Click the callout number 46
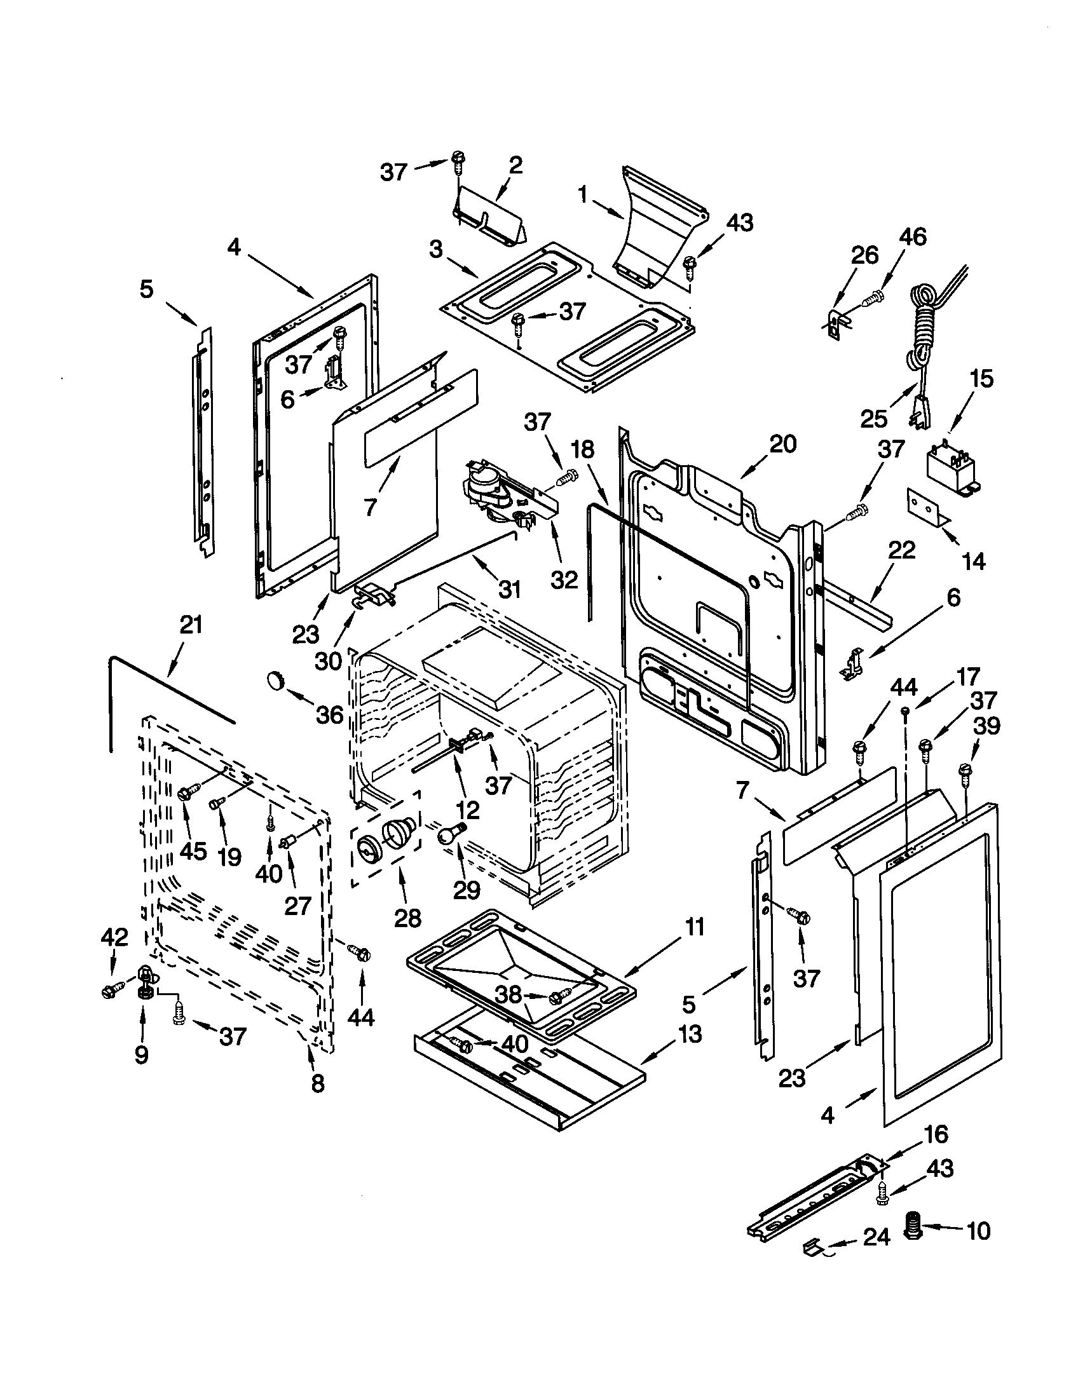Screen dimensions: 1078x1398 point(912,238)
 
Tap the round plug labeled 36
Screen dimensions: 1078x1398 point(275,680)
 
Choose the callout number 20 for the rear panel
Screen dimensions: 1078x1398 point(783,444)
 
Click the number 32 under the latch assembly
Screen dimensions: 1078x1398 point(564,580)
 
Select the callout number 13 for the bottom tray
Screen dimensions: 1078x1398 point(689,1034)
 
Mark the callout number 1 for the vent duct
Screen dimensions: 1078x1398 point(582,194)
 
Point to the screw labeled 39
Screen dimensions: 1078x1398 point(966,771)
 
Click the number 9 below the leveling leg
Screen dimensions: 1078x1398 point(142,1054)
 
